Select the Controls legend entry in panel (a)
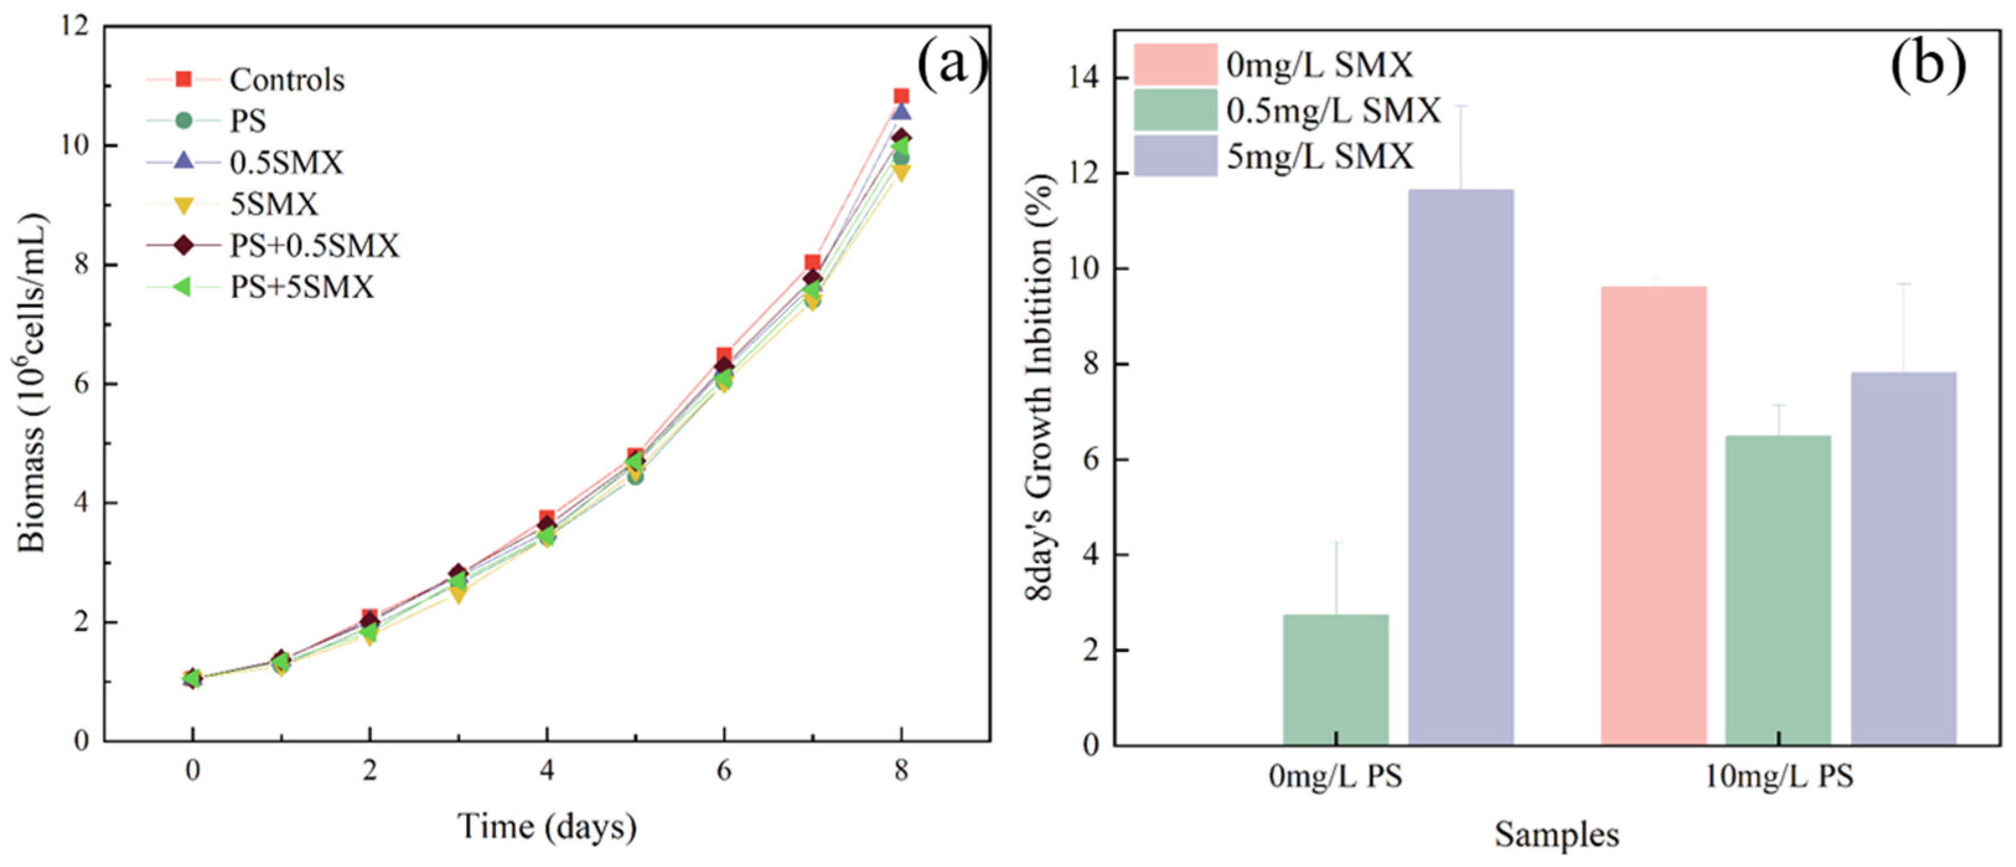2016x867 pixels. tap(246, 79)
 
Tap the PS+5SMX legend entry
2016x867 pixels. tap(261, 287)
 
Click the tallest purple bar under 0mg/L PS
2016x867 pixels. tap(1460, 467)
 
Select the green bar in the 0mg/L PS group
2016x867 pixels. tap(1336, 680)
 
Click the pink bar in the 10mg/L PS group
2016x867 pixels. tap(1653, 516)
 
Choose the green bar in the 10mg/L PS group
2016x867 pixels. tap(1778, 590)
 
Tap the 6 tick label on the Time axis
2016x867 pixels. tap(724, 772)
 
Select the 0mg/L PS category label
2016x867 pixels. tap(1336, 778)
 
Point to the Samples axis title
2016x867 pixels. tap(1557, 835)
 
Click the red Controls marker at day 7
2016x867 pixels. tap(812, 263)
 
